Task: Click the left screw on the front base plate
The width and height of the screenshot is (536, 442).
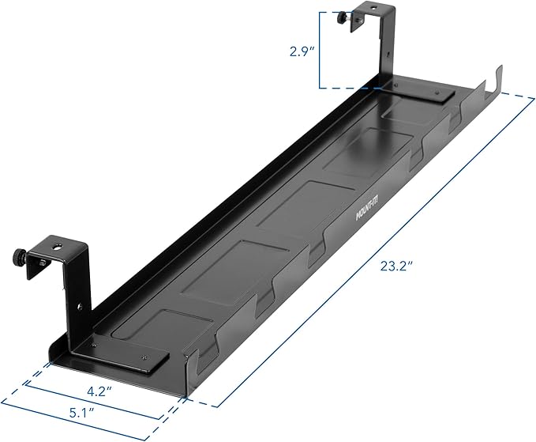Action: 95,344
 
